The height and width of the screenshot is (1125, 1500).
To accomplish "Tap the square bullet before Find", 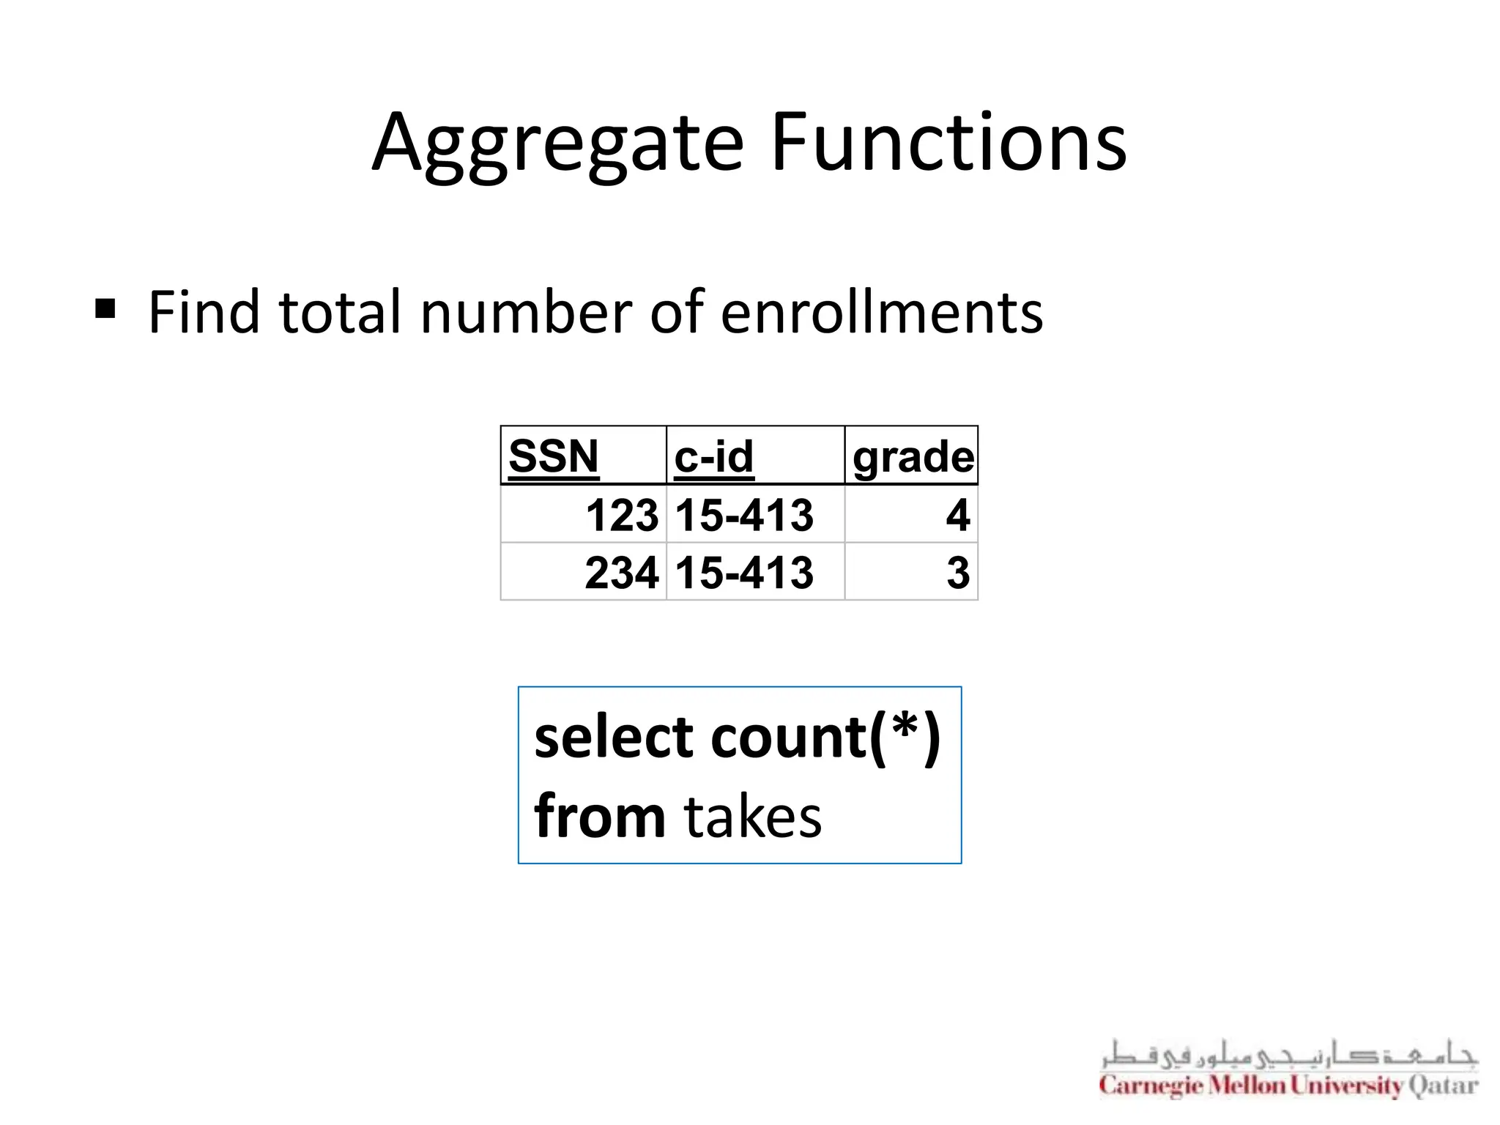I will pyautogui.click(x=105, y=309).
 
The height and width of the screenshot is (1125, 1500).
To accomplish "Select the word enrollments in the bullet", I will pyautogui.click(x=881, y=313).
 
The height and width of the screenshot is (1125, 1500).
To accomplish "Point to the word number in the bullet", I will pyautogui.click(x=526, y=313).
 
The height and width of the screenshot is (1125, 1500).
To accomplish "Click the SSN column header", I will pyautogui.click(x=554, y=456).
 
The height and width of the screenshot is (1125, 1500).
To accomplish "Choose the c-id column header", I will pyautogui.click(x=713, y=456).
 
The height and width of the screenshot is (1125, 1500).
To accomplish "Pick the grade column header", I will pyautogui.click(x=913, y=458).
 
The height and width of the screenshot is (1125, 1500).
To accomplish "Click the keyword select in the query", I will pyautogui.click(x=613, y=737).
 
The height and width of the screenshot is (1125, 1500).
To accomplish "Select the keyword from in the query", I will pyautogui.click(x=599, y=816).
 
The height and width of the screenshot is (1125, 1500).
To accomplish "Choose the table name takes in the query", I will pyautogui.click(x=753, y=817).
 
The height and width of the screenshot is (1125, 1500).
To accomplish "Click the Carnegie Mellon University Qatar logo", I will pyautogui.click(x=1288, y=1070).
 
